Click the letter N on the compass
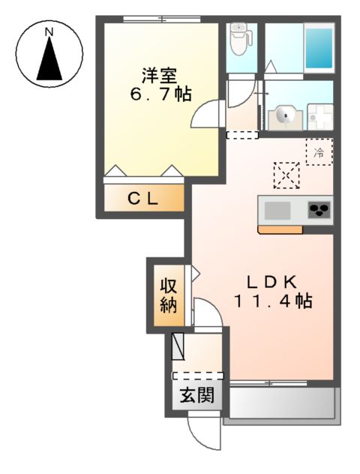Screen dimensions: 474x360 click(49, 32)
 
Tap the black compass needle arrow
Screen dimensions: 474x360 click(49, 60)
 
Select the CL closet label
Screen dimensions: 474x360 click(142, 199)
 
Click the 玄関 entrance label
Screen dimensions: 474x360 click(196, 395)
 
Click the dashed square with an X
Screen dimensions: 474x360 click(286, 175)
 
